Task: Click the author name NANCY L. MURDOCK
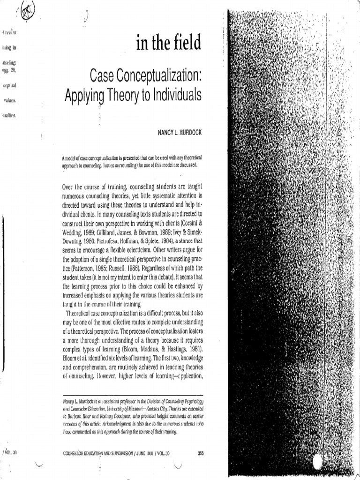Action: click(x=180, y=133)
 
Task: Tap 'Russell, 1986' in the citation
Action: click(x=126, y=270)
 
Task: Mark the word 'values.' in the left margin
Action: click(x=10, y=100)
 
